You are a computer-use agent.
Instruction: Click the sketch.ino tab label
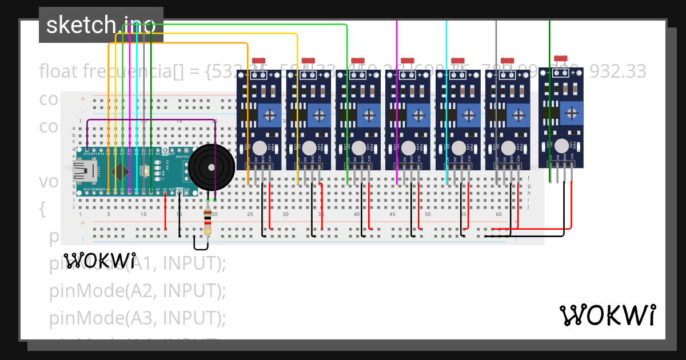[101, 25]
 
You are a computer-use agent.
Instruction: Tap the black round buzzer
[212, 166]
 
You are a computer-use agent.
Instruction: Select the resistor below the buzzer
[208, 223]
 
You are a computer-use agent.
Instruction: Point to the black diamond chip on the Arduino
[120, 171]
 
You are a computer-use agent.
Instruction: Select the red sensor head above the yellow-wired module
[308, 61]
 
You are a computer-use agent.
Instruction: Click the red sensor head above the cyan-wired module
[457, 61]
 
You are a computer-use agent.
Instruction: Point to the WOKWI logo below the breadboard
[99, 261]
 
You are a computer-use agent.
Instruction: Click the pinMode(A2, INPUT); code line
[138, 290]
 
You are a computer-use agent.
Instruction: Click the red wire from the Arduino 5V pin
[166, 211]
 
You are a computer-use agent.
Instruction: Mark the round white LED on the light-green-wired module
[358, 148]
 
